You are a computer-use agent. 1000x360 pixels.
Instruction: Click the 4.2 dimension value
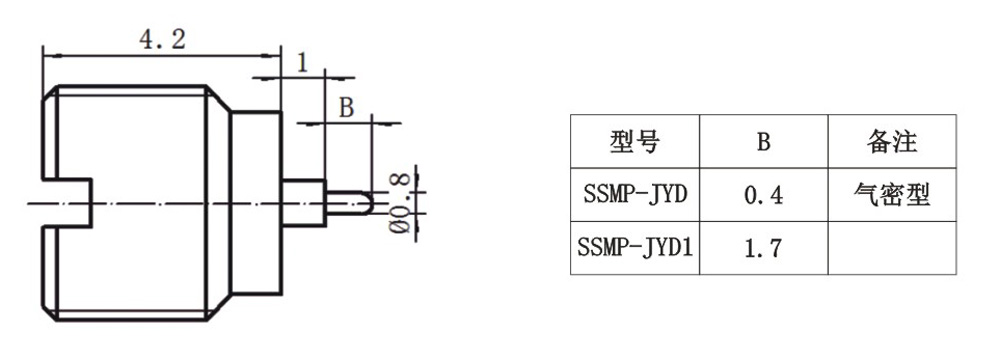click(162, 40)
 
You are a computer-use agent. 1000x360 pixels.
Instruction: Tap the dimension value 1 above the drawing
click(302, 63)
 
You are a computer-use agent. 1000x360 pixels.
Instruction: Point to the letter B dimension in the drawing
click(346, 108)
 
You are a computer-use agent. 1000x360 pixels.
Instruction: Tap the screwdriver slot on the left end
click(68, 203)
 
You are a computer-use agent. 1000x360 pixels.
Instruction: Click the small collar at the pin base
click(304, 203)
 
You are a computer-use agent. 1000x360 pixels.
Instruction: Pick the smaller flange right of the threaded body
click(255, 203)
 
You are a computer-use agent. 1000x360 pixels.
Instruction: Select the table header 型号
click(634, 141)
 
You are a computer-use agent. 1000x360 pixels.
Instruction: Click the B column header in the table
click(763, 142)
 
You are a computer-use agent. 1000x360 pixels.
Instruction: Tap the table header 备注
click(892, 141)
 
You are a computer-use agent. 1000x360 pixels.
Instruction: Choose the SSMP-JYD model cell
click(635, 194)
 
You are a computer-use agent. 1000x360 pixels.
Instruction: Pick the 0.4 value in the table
click(763, 195)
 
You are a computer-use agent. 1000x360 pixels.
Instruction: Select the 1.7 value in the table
click(763, 248)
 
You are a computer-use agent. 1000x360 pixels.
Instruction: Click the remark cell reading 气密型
click(892, 194)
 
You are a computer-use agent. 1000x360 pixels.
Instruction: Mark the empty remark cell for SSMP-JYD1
click(892, 248)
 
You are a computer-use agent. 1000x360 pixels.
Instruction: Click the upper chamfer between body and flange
click(219, 99)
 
